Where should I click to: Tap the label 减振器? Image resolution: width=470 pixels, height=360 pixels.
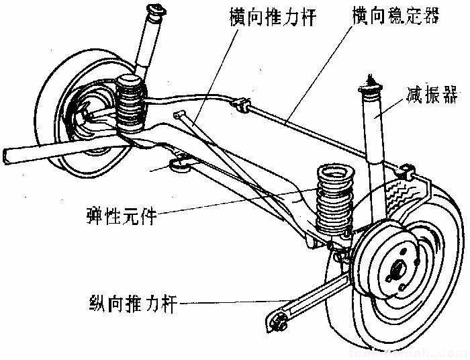pyautogui.click(x=427, y=94)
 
